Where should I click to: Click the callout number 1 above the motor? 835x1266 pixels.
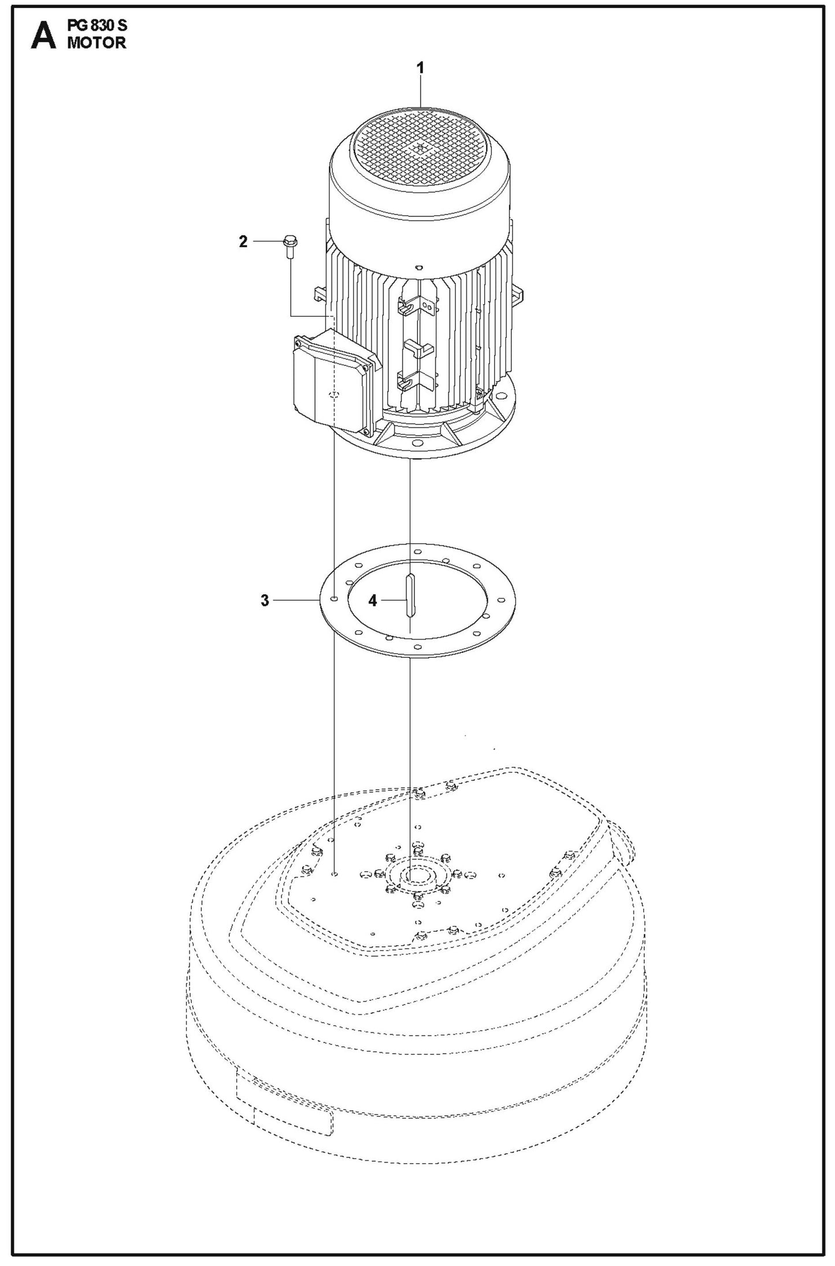pos(421,68)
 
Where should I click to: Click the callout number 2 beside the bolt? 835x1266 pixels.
pos(243,242)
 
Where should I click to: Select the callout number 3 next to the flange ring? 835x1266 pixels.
pos(265,601)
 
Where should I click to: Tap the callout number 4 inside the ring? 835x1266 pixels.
pos(373,601)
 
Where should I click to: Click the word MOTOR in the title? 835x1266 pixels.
pos(97,43)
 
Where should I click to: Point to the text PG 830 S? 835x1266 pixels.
pos(97,26)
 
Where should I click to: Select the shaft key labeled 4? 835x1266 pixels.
pos(410,595)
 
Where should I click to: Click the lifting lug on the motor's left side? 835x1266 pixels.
pos(319,294)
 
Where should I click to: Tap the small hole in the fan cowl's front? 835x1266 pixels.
pos(419,268)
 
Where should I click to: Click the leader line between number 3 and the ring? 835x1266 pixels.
pos(295,601)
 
